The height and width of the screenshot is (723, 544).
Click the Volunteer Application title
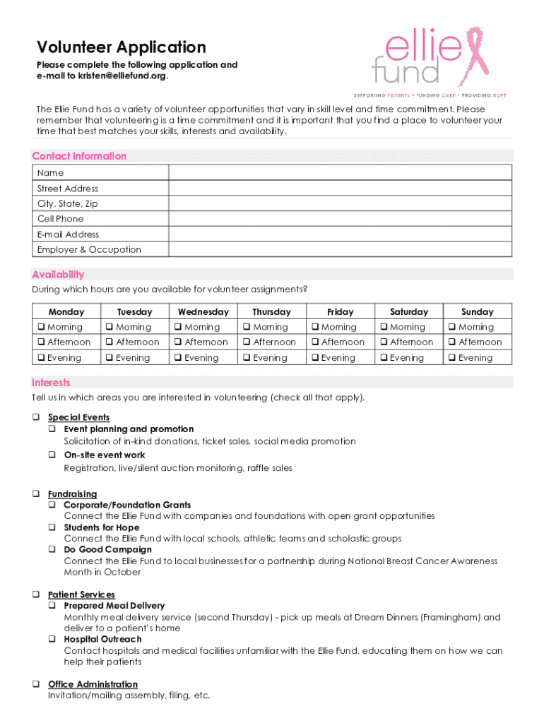[x=121, y=47]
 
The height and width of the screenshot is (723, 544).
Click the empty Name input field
[x=340, y=173]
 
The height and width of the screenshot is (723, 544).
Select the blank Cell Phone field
[x=340, y=219]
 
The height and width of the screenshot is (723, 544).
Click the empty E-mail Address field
[x=340, y=234]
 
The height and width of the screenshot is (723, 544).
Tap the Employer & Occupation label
[x=89, y=249]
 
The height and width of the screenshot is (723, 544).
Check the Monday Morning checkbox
[x=41, y=327]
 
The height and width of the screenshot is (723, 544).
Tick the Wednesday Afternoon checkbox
[x=178, y=342]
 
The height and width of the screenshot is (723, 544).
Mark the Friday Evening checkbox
[x=315, y=358]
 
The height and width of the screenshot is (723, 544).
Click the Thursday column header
[x=271, y=311]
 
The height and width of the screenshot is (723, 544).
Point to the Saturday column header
[x=409, y=311]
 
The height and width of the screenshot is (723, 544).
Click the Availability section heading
[x=58, y=275]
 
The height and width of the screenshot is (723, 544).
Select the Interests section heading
[x=51, y=383]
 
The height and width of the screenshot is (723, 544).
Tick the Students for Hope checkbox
[x=52, y=527]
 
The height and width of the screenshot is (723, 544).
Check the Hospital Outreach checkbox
[x=52, y=639]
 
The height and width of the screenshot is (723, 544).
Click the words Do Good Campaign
[x=107, y=549]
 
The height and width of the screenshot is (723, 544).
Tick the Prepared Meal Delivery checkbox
[x=52, y=606]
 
